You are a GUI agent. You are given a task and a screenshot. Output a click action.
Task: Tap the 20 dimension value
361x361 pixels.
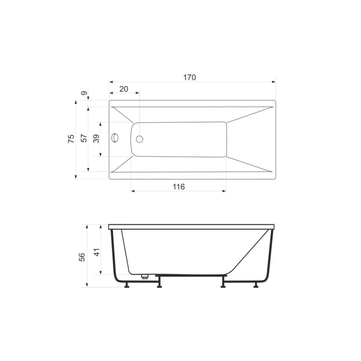(x=124, y=89)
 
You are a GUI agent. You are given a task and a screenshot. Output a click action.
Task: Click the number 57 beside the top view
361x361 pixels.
(x=85, y=138)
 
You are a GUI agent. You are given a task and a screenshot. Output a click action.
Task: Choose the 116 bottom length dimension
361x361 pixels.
(x=178, y=187)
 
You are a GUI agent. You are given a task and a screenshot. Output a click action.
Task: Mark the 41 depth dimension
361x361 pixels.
(x=96, y=251)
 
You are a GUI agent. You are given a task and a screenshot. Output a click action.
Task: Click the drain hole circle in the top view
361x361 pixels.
(x=140, y=139)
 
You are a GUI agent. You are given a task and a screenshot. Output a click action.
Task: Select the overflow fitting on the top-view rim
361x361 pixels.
(x=115, y=138)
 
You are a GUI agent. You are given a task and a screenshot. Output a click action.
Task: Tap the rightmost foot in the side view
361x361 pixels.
(x=256, y=285)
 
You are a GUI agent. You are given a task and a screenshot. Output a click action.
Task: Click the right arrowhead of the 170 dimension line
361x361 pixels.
(x=274, y=82)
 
